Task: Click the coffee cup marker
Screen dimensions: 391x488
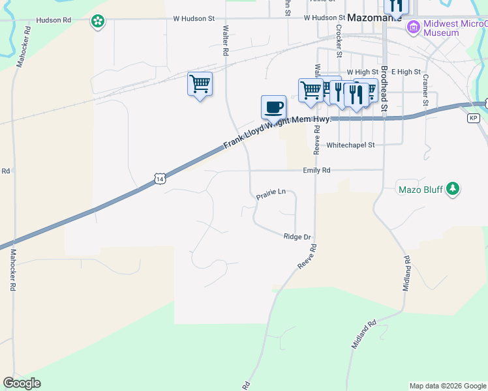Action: coord(273,106)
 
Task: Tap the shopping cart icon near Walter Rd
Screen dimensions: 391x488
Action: coord(200,84)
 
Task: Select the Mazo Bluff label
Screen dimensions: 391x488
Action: coord(420,190)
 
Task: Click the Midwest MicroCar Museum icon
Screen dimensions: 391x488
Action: coord(412,27)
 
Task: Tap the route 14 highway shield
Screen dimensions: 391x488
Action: coord(160,177)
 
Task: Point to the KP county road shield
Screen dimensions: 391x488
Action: coord(474,118)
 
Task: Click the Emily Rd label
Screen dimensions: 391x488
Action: coord(316,170)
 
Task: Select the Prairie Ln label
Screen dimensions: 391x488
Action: coord(271,192)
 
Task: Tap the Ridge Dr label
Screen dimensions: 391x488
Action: coord(297,237)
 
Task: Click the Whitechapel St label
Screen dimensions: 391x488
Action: coord(350,145)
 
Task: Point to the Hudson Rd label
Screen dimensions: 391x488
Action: coord(53,20)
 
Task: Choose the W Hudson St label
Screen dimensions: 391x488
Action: coord(194,18)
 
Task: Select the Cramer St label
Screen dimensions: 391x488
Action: coord(425,90)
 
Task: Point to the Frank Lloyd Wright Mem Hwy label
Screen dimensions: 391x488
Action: coord(277,132)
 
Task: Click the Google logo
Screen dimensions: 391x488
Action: coord(22,383)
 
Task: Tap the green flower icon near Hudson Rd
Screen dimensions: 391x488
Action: coord(98,22)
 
